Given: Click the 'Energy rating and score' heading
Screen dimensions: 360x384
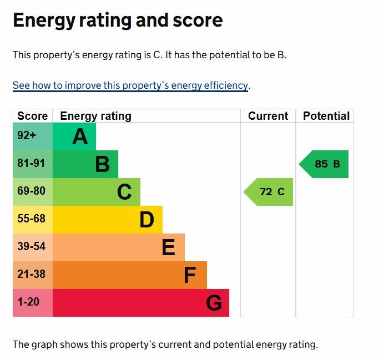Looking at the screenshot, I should coord(118,21).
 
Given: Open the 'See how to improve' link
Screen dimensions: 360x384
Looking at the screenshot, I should coord(130,85).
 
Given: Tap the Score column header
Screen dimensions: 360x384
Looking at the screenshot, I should coord(32,116).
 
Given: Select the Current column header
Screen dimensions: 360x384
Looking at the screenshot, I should coord(268,116).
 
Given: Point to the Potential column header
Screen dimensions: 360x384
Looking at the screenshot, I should coord(326,116).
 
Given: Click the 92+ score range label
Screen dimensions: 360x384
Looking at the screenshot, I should coord(27,136).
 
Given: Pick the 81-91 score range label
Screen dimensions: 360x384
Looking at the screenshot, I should coord(31,164).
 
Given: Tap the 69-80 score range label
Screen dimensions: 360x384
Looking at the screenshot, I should coord(31,191).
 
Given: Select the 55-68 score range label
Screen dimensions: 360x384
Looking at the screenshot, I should coord(31,219).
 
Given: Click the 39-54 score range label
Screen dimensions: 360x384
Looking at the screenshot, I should coord(31,247).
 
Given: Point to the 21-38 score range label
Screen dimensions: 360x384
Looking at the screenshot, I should coord(31,275).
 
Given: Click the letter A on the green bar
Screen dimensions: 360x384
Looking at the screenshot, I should coord(80,136).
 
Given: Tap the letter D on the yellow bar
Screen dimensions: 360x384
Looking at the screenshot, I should coord(146,220).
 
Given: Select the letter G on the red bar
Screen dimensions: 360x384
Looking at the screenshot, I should coord(214,303).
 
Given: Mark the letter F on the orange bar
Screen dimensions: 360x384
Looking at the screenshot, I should coord(190,275).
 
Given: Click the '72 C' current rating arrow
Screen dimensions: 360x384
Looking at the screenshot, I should coord(269,192).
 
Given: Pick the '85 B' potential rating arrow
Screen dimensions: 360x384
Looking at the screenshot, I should coord(325,164).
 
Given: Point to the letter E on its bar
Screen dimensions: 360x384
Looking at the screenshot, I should coord(169,247).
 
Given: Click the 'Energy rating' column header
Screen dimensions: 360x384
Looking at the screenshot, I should coord(95,116).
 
